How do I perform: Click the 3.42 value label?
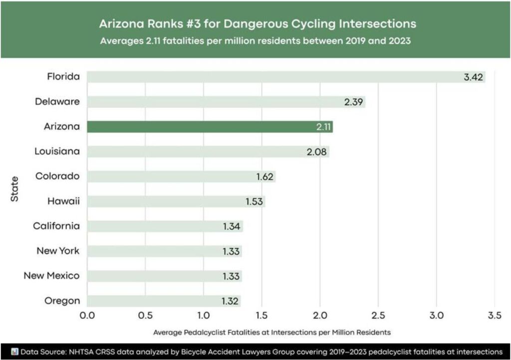[x=472, y=77]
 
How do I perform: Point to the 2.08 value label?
[x=317, y=152]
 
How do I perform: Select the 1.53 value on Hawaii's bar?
[x=255, y=201]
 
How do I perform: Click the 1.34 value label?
[x=232, y=226]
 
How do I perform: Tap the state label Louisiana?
[x=57, y=151]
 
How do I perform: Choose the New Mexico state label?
[x=51, y=276]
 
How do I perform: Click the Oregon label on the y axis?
[x=62, y=301]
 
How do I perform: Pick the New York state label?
[x=57, y=251]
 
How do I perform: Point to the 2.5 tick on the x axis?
[x=378, y=315]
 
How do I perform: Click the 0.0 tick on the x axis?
[x=87, y=315]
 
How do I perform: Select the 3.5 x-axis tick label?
[x=495, y=315]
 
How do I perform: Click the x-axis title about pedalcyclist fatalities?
[x=271, y=332]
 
